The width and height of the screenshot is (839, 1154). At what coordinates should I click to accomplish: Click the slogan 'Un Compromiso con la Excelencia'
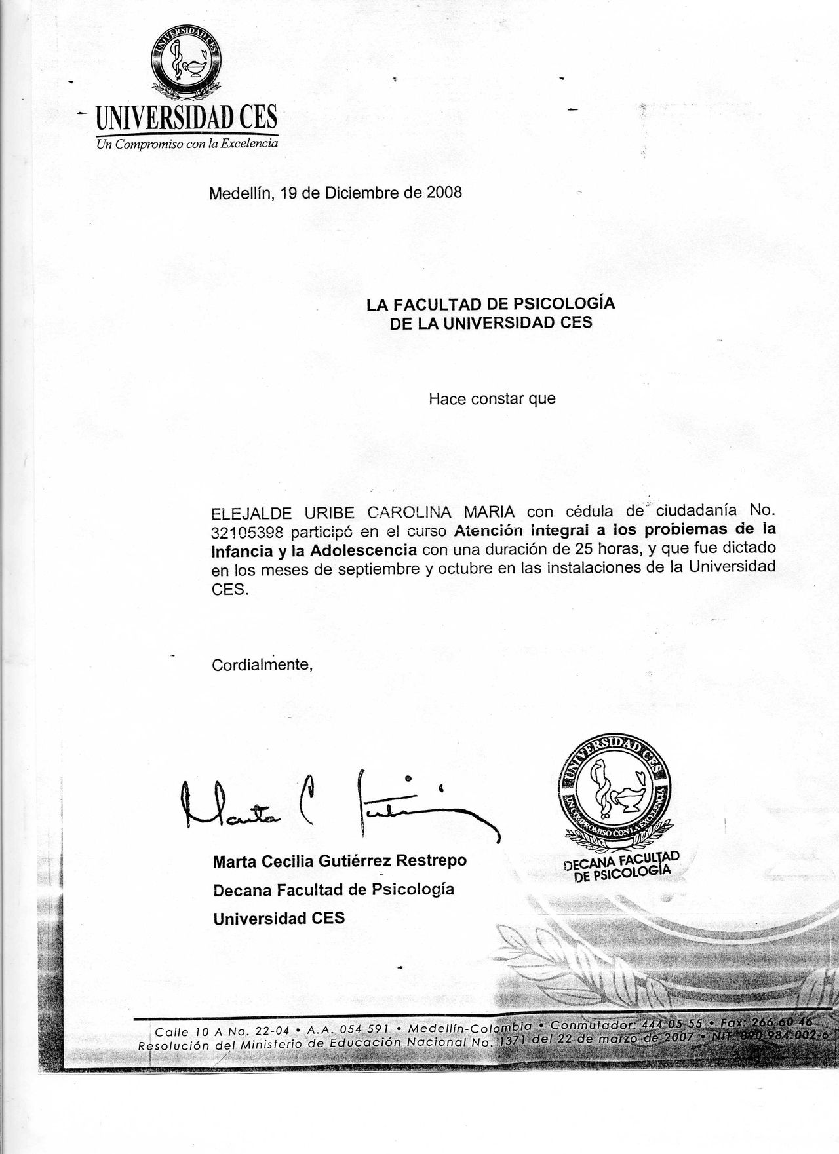coord(187,144)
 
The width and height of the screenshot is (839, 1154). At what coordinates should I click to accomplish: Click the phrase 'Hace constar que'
coord(492,398)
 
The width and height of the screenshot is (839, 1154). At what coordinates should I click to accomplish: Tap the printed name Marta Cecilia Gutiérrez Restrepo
coord(340,860)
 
